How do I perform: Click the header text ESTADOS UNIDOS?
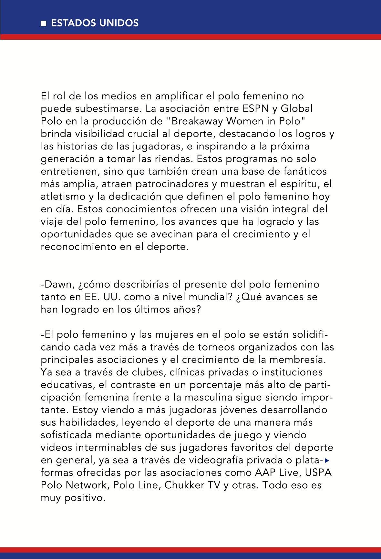pyautogui.click(x=95, y=23)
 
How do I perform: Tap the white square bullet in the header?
pyautogui.click(x=44, y=24)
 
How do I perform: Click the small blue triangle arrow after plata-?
pyautogui.click(x=327, y=460)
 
